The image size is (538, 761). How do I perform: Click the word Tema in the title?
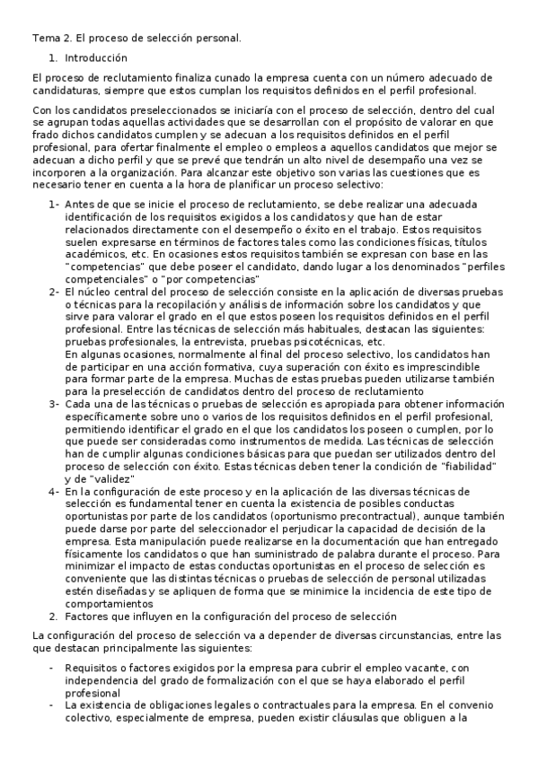[x=45, y=39]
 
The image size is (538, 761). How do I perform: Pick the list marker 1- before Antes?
[x=54, y=205]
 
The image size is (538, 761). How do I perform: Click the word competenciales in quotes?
[x=101, y=279]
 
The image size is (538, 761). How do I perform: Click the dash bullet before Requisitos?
[x=52, y=668]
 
